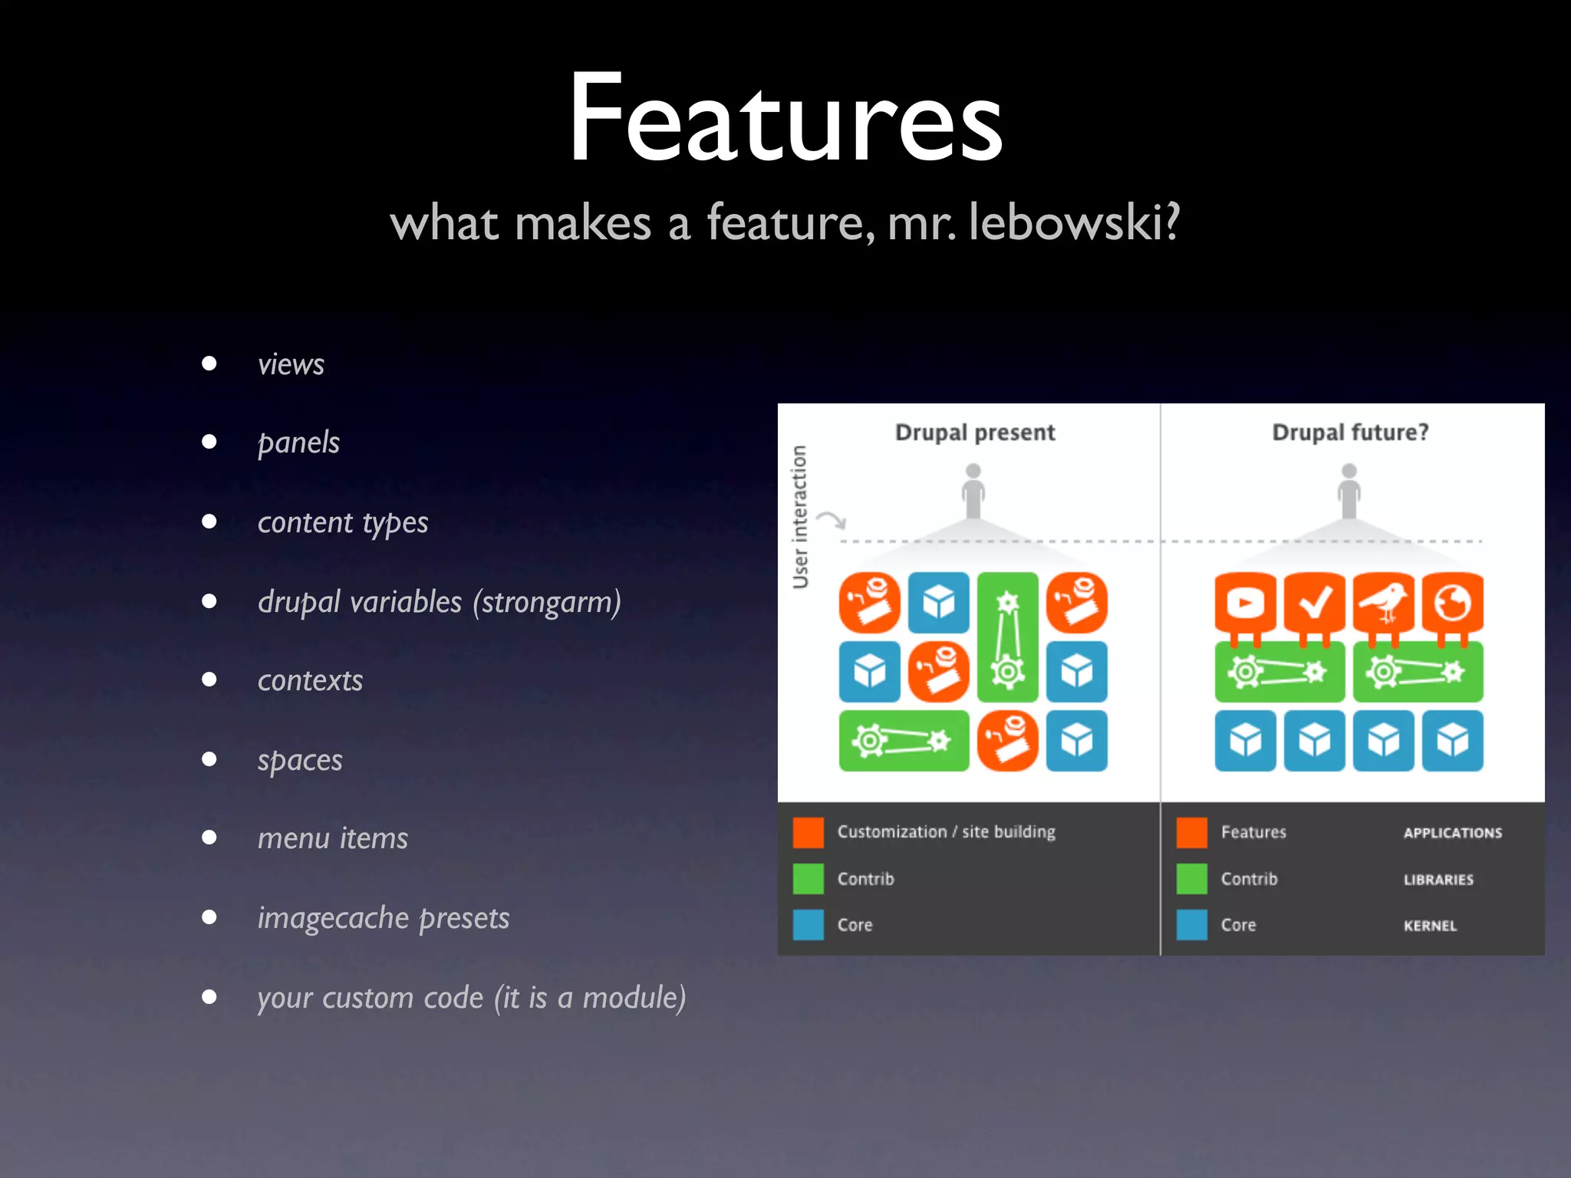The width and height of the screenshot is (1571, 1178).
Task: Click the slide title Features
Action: (785, 119)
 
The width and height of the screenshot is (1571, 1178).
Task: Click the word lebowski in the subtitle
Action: (1074, 223)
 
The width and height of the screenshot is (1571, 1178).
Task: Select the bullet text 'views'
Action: (291, 364)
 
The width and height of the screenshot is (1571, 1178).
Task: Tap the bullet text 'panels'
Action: (298, 443)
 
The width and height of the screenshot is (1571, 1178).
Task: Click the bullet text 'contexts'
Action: (310, 681)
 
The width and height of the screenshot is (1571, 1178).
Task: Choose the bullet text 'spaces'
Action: (300, 761)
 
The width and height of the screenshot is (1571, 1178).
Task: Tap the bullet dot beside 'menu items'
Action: (209, 837)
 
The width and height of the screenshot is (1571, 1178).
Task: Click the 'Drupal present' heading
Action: (975, 433)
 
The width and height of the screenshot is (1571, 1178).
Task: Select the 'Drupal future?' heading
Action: (1350, 433)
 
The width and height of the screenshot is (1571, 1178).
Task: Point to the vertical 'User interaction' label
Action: (800, 517)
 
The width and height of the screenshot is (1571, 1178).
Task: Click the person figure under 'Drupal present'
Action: (973, 491)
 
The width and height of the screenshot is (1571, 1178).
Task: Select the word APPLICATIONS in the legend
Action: (1453, 833)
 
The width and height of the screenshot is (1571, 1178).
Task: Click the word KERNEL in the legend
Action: (1430, 926)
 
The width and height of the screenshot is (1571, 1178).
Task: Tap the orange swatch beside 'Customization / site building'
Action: (809, 832)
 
